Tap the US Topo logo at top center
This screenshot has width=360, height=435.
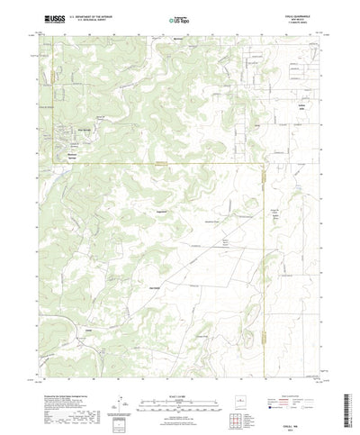click(179, 19)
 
